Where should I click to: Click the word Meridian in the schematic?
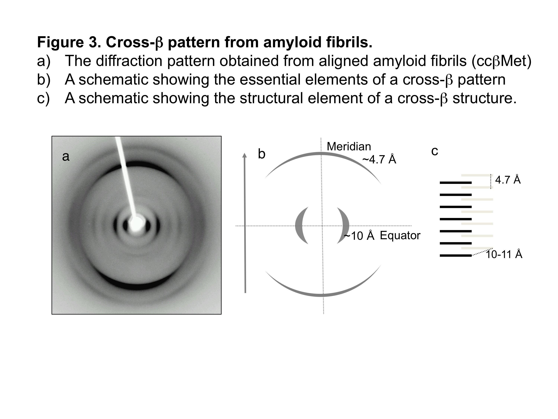[349, 146]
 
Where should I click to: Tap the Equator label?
[400, 235]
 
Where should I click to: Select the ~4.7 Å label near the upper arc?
[379, 159]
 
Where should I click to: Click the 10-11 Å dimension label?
[504, 254]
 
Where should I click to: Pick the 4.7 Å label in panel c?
[508, 180]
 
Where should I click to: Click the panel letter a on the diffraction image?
[66, 156]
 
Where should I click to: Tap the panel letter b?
[262, 154]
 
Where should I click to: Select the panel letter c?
[435, 151]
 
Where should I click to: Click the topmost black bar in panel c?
[456, 182]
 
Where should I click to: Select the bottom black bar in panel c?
[456, 256]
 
